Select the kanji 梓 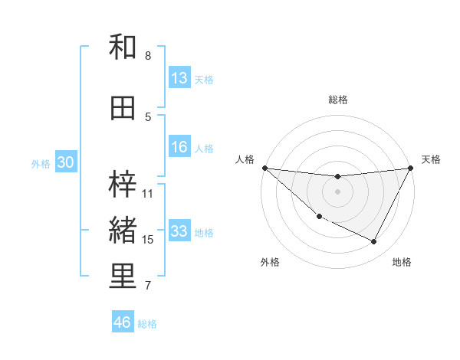tap(123, 184)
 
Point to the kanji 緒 tap(123, 230)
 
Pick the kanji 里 tap(123, 277)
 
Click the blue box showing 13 tap(179, 78)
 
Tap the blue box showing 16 tap(179, 148)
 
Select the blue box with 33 tap(179, 232)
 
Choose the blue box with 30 tap(65, 163)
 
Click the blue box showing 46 tap(123, 322)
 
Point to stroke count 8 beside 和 tap(148, 56)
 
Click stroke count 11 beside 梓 tap(148, 193)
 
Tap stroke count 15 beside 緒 tap(148, 240)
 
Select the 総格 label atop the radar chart tap(337, 100)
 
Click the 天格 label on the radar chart tap(432, 159)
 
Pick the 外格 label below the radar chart tap(270, 262)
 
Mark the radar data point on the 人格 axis tap(264, 167)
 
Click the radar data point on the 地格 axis tap(374, 242)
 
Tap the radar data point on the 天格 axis tap(411, 168)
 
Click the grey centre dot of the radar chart tap(337, 191)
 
